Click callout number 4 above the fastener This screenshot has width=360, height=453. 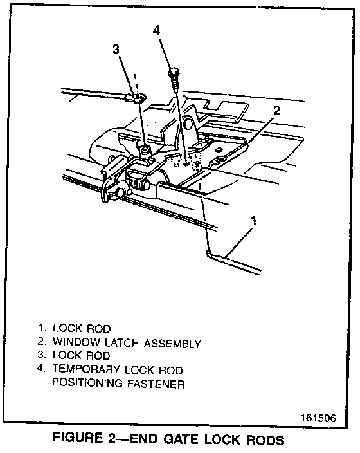point(156,30)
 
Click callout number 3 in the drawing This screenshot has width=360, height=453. point(116,50)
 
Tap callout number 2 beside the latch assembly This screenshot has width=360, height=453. point(276,111)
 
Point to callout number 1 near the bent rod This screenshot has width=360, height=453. point(254,221)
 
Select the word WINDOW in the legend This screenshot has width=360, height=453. point(76,342)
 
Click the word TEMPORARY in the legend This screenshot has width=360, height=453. point(86,369)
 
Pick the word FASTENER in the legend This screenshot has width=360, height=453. point(156,384)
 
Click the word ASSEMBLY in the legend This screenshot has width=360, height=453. point(172,344)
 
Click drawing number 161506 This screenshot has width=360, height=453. point(318,418)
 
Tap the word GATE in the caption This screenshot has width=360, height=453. point(181,439)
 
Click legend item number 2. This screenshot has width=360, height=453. point(42,342)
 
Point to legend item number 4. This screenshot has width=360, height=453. point(41,369)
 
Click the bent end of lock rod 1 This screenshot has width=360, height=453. point(208,253)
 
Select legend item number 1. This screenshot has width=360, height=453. point(42,328)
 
